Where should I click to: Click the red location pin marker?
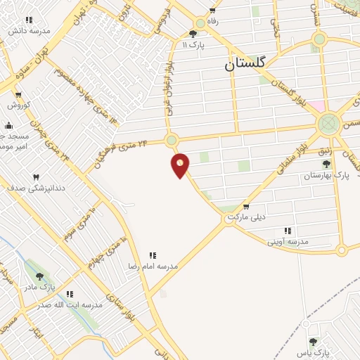(x=181, y=165)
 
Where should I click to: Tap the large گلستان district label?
(x=245, y=63)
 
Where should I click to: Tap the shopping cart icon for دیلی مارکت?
(x=245, y=207)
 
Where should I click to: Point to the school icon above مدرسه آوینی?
(x=287, y=231)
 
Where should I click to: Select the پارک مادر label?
(x=42, y=287)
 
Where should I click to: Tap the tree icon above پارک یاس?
(x=313, y=341)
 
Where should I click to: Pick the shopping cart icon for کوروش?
(x=18, y=95)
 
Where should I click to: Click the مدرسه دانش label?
(x=29, y=32)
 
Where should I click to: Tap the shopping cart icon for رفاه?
(x=212, y=11)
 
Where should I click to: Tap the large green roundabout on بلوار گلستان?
(x=328, y=125)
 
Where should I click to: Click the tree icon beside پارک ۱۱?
(x=193, y=34)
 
